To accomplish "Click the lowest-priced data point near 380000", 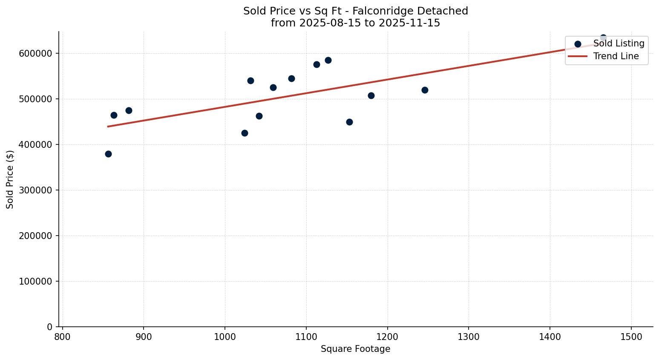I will pyautogui.click(x=108, y=154).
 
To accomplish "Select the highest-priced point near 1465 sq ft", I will pyautogui.click(x=603, y=38).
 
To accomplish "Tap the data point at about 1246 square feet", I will pyautogui.click(x=425, y=90).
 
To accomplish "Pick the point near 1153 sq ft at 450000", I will pyautogui.click(x=349, y=122).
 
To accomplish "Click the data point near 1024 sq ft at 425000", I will pyautogui.click(x=245, y=133).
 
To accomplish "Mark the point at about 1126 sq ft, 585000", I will pyautogui.click(x=328, y=60).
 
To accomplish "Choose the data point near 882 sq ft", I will pyautogui.click(x=129, y=110).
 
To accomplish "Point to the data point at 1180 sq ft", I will pyautogui.click(x=371, y=95).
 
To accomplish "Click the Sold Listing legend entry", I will pyautogui.click(x=619, y=43).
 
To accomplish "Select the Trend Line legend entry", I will pyautogui.click(x=616, y=56).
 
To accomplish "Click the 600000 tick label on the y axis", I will pyautogui.click(x=35, y=53).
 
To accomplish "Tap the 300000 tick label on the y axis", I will pyautogui.click(x=35, y=190).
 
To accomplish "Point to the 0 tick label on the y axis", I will pyautogui.click(x=49, y=327).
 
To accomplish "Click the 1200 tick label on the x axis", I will pyautogui.click(x=387, y=336).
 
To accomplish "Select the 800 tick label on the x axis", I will pyautogui.click(x=63, y=336).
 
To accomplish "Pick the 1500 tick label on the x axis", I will pyautogui.click(x=631, y=336).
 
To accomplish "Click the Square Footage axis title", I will pyautogui.click(x=355, y=349).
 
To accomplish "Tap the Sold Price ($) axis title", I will pyautogui.click(x=10, y=179).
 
